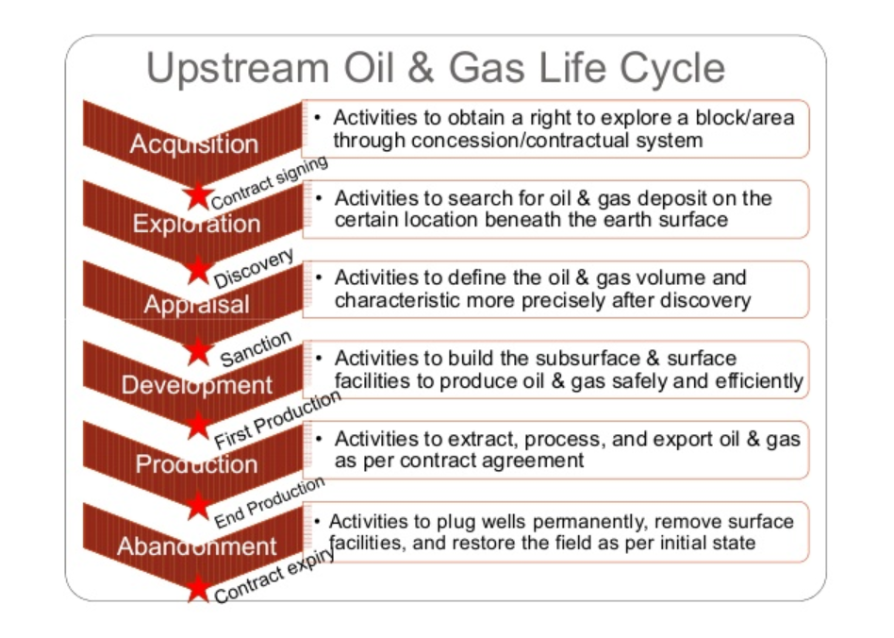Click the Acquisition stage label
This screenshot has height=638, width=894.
[194, 144]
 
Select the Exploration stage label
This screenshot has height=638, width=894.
[197, 224]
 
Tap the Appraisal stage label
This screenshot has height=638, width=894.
[197, 305]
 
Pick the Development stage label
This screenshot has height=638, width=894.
[197, 385]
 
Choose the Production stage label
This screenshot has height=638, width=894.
[197, 464]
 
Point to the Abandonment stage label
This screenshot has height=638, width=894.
[197, 546]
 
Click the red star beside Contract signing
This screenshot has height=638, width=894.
[198, 196]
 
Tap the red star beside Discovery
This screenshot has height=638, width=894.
[198, 269]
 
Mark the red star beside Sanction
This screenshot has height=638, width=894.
[198, 351]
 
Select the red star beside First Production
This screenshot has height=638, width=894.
[198, 426]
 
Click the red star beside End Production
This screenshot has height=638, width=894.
[198, 506]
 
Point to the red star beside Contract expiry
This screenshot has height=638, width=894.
[198, 588]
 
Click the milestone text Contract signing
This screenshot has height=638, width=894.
[269, 182]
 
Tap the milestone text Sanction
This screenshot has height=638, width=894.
[256, 348]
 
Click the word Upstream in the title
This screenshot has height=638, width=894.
[238, 68]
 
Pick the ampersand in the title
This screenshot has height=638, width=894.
[421, 67]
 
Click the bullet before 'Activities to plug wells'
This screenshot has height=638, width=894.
[317, 520]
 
